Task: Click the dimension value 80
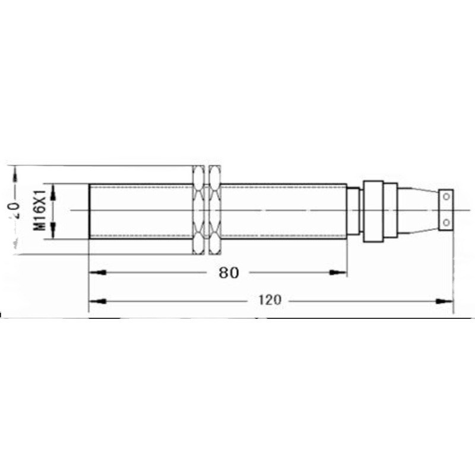[x=228, y=273]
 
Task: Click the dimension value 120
[x=269, y=300]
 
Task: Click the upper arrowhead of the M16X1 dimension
[x=53, y=189]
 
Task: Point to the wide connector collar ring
[x=373, y=211]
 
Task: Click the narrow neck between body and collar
[x=354, y=211]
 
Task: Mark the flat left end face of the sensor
[x=90, y=211]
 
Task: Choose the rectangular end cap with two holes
[x=446, y=209]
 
